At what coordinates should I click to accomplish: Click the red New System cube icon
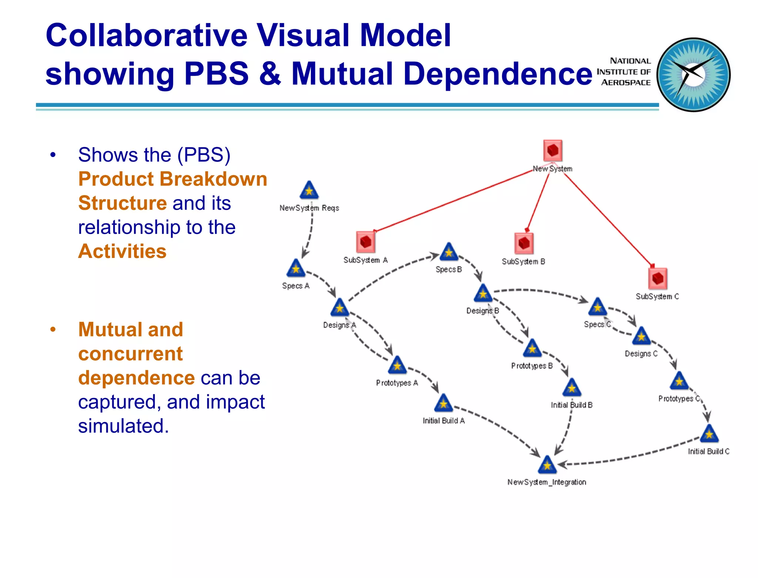553,150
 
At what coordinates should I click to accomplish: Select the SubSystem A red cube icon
366,242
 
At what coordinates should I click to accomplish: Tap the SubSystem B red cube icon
524,243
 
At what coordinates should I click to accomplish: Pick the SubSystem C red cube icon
658,278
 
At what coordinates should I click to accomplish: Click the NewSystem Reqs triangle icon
309,190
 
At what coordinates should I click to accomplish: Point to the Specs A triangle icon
296,269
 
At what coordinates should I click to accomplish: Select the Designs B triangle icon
483,294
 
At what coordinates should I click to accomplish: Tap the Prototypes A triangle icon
397,366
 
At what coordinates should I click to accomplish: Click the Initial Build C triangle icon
709,434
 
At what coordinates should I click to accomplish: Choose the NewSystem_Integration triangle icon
547,465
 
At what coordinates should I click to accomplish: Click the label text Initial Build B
571,405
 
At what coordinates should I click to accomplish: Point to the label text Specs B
449,269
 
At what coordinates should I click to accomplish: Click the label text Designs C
641,354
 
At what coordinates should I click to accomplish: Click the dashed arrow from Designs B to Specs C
540,291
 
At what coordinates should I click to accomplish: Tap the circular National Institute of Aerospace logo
694,75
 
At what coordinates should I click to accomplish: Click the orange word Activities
122,252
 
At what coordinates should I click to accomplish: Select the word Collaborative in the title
147,36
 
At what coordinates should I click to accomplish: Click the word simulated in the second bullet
123,426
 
